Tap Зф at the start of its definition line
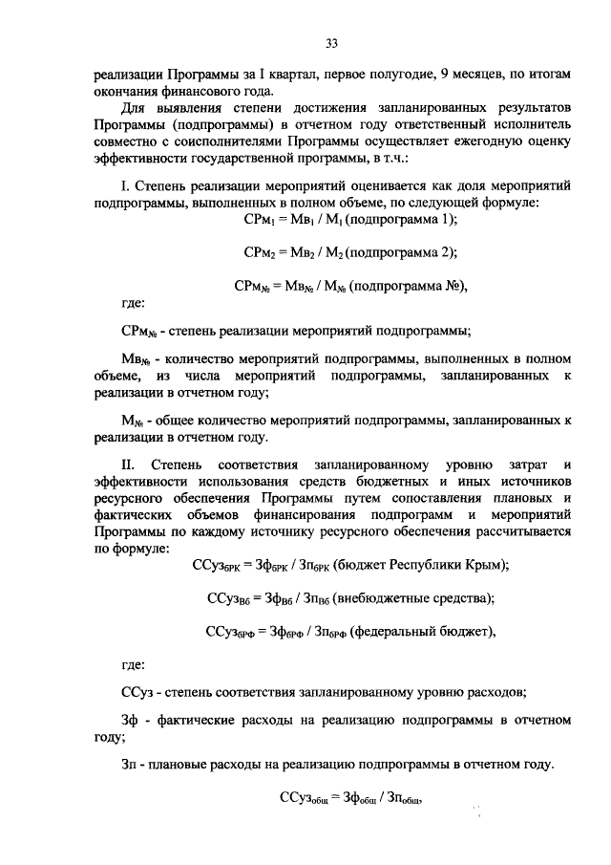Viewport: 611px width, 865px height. (x=130, y=720)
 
